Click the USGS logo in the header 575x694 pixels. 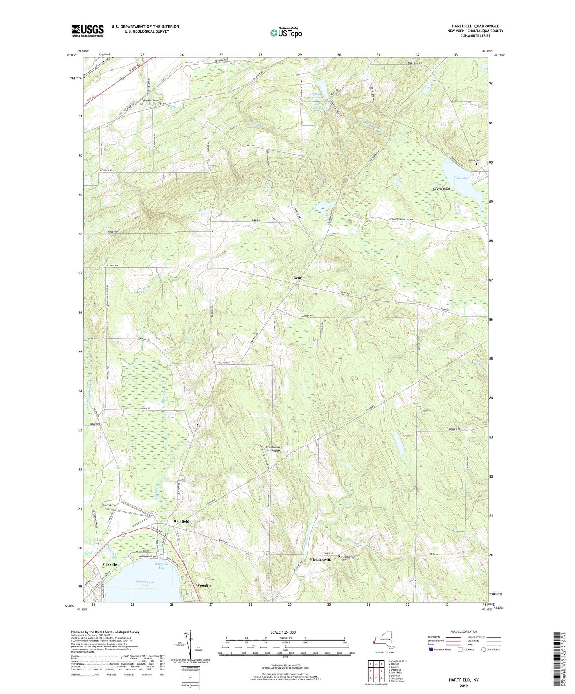pos(87,30)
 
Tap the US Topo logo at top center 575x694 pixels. pos(285,33)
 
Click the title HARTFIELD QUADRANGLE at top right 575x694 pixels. pos(475,26)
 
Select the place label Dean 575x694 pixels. pos(298,278)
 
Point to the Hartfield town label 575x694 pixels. pos(181,521)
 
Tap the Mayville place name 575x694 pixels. pos(109,564)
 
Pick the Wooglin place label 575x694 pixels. pos(203,585)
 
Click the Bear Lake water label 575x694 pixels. pos(460,178)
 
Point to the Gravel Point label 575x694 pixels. pos(441,189)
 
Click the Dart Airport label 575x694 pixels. pos(110,505)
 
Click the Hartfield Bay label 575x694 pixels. pos(162,566)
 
